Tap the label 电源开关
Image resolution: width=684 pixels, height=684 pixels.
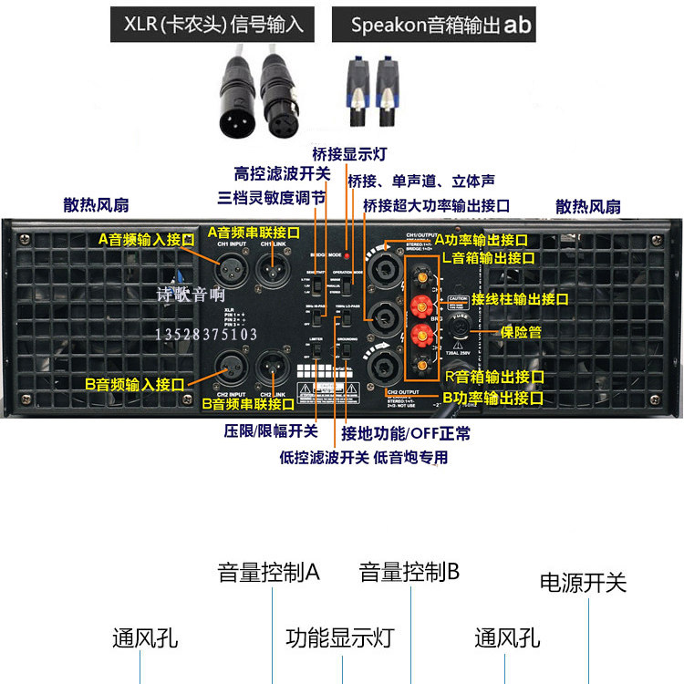[584, 583]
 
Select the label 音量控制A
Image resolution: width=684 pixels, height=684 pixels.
[268, 573]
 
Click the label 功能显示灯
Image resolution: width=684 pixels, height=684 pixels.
[339, 637]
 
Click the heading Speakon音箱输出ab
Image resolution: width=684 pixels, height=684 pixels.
[440, 25]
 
